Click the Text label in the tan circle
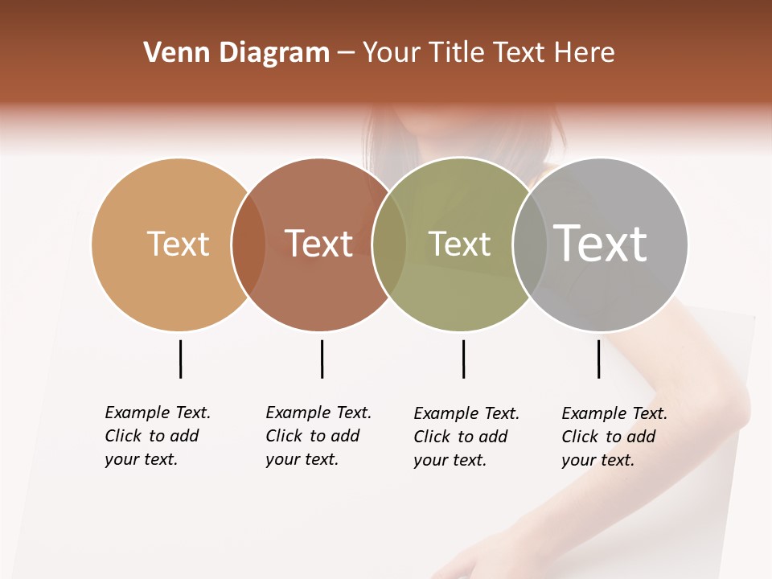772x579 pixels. point(178,244)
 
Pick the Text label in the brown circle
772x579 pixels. point(318,244)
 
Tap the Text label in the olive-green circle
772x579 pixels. point(459,244)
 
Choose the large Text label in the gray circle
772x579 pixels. point(600,244)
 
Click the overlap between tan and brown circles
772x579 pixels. point(248,244)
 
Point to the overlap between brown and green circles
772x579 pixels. point(389,244)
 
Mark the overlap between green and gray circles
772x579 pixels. point(529,244)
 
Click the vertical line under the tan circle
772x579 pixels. point(180,359)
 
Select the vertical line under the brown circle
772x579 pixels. point(322,359)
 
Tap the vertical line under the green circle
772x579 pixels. point(463,359)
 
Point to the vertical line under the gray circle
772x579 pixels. point(598,359)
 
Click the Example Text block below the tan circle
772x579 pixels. point(158,436)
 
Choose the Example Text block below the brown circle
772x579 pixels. point(318,436)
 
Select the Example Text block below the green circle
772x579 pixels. point(466,437)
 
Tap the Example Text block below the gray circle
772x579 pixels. point(614,437)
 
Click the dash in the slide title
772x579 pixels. point(346,54)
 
